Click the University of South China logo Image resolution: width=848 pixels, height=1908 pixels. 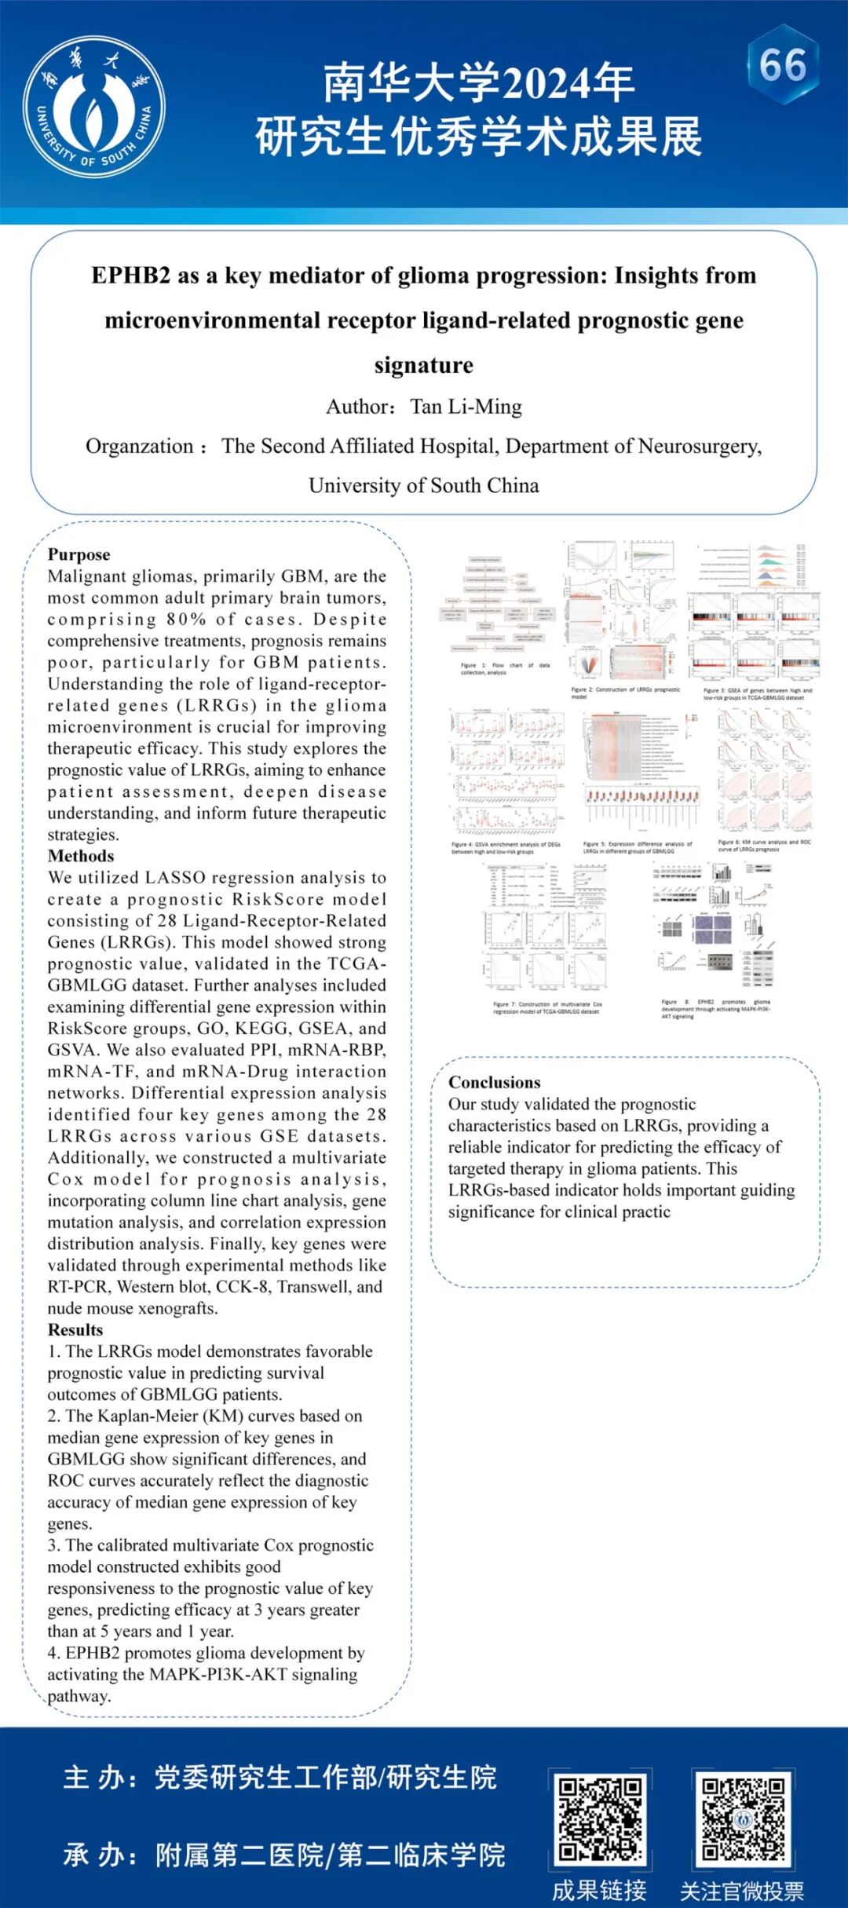[x=94, y=107]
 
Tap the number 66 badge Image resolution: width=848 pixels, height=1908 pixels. [x=782, y=65]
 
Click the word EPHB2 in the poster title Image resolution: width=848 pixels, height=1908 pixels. [x=130, y=276]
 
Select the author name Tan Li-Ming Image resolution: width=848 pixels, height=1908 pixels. [x=466, y=407]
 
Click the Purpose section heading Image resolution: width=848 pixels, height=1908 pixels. [x=79, y=554]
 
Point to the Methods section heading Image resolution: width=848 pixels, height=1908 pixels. [x=81, y=856]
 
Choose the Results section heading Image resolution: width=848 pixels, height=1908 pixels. [x=75, y=1329]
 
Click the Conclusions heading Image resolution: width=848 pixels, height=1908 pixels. [x=494, y=1082]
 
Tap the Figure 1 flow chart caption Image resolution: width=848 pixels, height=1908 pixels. [x=505, y=668]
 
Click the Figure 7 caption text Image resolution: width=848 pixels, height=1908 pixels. [x=547, y=1007]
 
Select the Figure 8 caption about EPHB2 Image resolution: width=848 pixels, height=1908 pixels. [x=715, y=1009]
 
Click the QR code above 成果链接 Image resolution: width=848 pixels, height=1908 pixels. [x=601, y=1819]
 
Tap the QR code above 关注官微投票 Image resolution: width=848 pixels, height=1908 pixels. [x=743, y=1819]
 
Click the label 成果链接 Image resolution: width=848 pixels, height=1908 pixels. [x=599, y=1891]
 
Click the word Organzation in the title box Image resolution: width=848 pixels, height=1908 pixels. [x=139, y=446]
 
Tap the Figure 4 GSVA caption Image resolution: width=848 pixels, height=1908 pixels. [x=506, y=848]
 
